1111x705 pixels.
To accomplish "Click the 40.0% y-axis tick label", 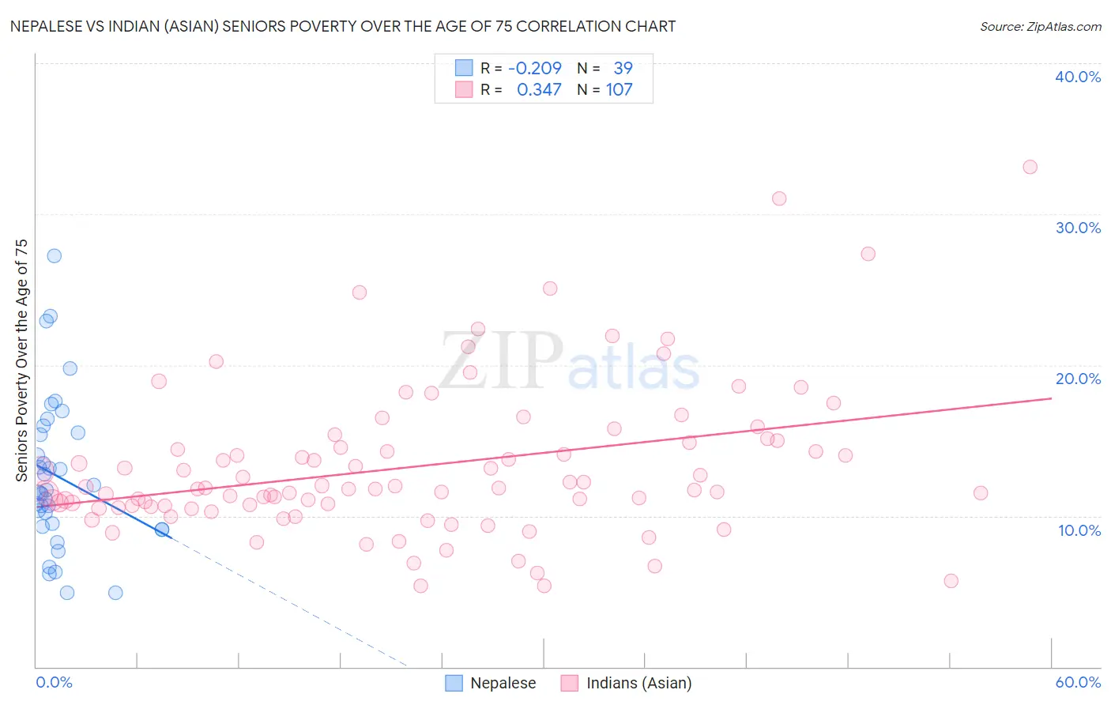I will coord(1077,77).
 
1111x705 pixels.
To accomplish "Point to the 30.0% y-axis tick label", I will coord(1077,228).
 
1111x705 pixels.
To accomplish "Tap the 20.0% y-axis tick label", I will coord(1077,379).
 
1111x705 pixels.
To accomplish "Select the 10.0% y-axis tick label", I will coord(1079,530).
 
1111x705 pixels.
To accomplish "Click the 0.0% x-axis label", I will coord(54,682).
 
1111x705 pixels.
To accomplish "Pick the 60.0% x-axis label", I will coord(1077,682).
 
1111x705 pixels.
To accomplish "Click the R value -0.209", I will coord(535,69).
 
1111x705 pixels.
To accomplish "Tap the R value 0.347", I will coord(539,90).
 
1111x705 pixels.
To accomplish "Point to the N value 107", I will coord(620,90).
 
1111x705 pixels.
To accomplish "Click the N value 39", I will coord(623,69).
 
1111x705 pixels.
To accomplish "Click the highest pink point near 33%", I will coord(1030,167).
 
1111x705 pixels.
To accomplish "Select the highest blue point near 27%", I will coord(54,255).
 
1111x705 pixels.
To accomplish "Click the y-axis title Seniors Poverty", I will coord(21,360).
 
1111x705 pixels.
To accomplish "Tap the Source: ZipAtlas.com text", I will coord(1040,27).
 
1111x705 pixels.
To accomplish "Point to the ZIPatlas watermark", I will coord(569,362).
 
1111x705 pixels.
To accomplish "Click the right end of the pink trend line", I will coord(1051,398).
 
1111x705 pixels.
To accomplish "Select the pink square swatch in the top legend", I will coord(463,90).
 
